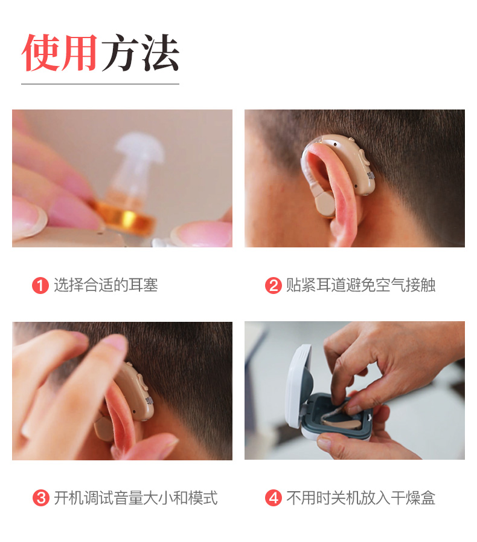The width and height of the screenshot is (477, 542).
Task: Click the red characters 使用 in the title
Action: coord(59,53)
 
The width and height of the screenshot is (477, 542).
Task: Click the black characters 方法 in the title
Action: coord(141,53)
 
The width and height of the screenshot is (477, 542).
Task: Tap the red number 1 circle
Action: coord(40,286)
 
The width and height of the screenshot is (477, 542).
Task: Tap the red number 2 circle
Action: coord(274,286)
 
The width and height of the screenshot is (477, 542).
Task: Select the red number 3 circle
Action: coord(40,498)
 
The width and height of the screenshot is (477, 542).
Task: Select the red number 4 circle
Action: coord(274,498)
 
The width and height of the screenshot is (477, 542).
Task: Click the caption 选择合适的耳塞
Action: coord(106,285)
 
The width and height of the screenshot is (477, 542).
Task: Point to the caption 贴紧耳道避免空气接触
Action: coord(360,285)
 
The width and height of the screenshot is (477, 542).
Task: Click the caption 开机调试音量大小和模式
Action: coord(136,498)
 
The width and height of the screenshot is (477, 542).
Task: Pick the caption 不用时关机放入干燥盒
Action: coord(360,498)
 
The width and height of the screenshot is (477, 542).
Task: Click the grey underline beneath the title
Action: coord(100,83)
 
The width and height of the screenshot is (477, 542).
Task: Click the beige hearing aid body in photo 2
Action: coord(352,163)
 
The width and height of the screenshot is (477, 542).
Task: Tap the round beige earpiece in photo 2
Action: coord(325,204)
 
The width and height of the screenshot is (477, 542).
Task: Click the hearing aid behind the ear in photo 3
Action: coord(135,391)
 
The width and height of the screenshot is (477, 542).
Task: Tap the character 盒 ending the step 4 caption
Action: coord(428,498)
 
